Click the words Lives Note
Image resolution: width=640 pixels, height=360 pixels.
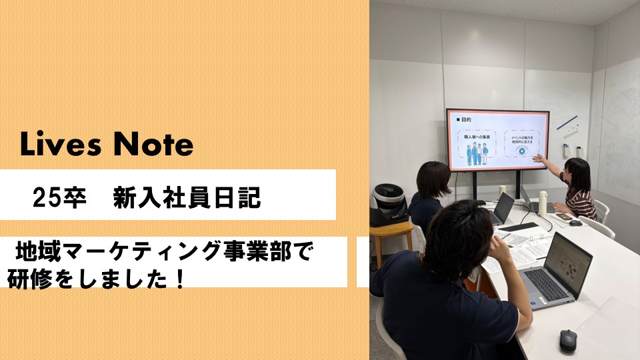pos(107,145)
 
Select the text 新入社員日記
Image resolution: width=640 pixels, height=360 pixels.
pos(187,199)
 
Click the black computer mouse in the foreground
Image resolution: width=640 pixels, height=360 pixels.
pos(567,340)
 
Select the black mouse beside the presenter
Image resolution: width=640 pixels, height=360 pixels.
pos(575,223)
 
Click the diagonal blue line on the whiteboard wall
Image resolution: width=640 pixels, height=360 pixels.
pos(567,123)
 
